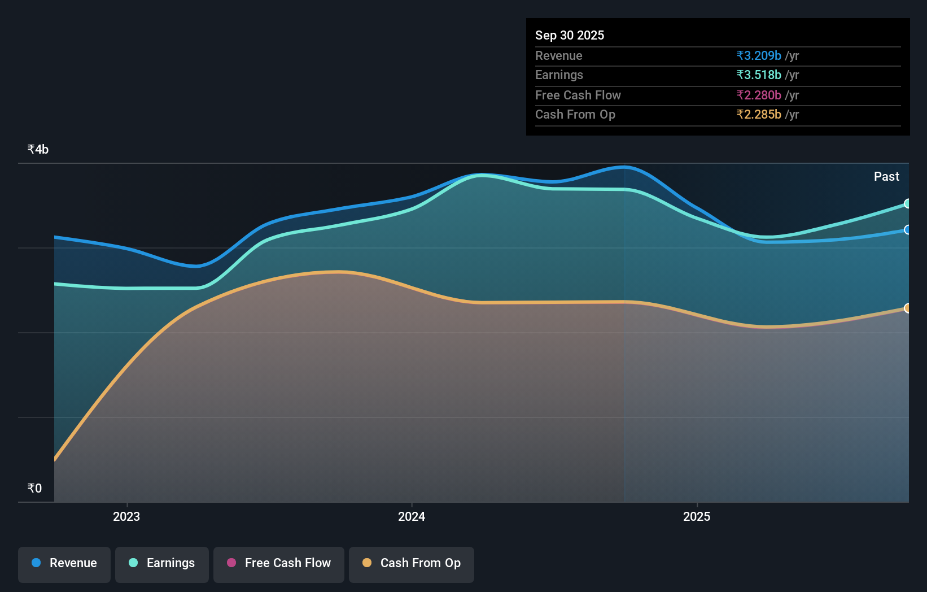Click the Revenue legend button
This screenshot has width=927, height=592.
coord(64,563)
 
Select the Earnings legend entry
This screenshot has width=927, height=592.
coord(162,563)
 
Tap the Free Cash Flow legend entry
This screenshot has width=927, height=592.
coord(279,563)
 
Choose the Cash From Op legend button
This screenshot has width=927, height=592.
coord(412,563)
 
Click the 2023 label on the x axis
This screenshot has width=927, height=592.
coord(126,517)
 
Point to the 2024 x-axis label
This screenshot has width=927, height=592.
coord(412,517)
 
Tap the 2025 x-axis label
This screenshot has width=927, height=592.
coord(697,517)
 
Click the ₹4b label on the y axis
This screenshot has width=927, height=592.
coord(38,150)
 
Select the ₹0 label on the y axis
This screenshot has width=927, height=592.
coord(34,489)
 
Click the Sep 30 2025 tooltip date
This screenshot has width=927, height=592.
coord(569,36)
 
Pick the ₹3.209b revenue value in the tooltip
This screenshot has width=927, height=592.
coord(759,56)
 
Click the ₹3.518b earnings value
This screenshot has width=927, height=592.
coord(759,75)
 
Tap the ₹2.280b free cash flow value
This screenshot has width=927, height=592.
coord(759,95)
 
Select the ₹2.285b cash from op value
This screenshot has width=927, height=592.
coord(759,115)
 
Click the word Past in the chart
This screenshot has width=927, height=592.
coord(886,177)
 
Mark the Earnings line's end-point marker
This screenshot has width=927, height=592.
coord(907,203)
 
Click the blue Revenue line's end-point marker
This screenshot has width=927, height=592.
coord(907,230)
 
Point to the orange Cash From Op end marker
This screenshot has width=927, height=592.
coord(907,308)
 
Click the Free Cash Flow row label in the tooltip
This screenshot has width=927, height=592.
coord(578,95)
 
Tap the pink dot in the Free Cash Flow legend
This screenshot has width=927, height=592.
coord(231,563)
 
